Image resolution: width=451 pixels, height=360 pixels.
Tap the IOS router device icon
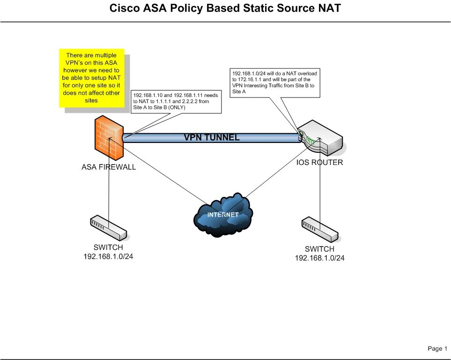pos(320,138)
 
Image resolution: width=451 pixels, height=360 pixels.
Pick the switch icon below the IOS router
pos(320,230)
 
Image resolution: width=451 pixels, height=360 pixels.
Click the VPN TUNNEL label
pos(212,137)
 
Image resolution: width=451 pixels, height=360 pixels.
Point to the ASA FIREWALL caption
pos(109,167)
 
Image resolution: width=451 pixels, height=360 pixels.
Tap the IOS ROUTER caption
pos(319,163)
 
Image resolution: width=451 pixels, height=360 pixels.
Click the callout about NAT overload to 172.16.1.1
pos(275,83)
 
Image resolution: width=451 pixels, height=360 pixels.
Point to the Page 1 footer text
pos(437,348)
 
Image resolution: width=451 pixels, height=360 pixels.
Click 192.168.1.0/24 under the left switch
pos(109,256)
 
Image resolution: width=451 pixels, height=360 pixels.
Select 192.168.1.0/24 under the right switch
pos(319,258)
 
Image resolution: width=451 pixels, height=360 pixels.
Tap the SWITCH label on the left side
pos(109,247)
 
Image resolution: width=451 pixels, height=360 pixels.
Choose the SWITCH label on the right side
pos(319,249)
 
